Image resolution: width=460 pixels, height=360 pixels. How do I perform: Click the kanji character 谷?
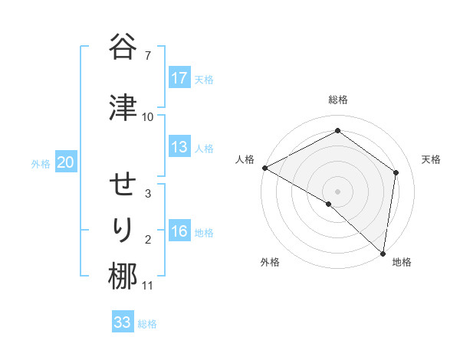[123, 47]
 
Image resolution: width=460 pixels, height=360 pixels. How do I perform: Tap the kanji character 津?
[123, 107]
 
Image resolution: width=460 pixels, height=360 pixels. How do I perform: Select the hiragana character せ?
[123, 185]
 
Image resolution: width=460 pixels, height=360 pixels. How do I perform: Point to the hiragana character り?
[123, 231]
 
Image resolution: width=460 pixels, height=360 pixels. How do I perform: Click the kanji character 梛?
[123, 276]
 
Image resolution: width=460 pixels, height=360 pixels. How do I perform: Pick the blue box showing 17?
[179, 78]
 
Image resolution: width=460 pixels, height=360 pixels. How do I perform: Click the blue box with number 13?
[179, 147]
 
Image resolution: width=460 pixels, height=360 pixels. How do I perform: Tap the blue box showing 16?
[179, 231]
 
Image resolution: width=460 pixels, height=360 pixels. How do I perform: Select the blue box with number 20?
[65, 162]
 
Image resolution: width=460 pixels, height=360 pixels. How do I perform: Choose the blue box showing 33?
[123, 322]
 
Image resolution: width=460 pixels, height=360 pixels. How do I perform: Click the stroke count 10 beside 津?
[148, 117]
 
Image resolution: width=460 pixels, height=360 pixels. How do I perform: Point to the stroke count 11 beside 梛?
[148, 286]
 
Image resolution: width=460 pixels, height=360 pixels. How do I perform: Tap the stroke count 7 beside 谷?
[147, 56]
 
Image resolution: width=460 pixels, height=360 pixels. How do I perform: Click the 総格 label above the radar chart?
[338, 100]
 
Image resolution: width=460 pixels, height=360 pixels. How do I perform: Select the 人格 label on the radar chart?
[245, 159]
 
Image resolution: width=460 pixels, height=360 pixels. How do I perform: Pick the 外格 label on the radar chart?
[270, 263]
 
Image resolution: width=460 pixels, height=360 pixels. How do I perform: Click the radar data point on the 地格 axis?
[383, 253]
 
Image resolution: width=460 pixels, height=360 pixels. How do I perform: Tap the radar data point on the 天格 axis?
[396, 172]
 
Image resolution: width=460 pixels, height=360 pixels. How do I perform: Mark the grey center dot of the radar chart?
[337, 190]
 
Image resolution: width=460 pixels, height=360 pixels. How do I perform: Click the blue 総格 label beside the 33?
[147, 324]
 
